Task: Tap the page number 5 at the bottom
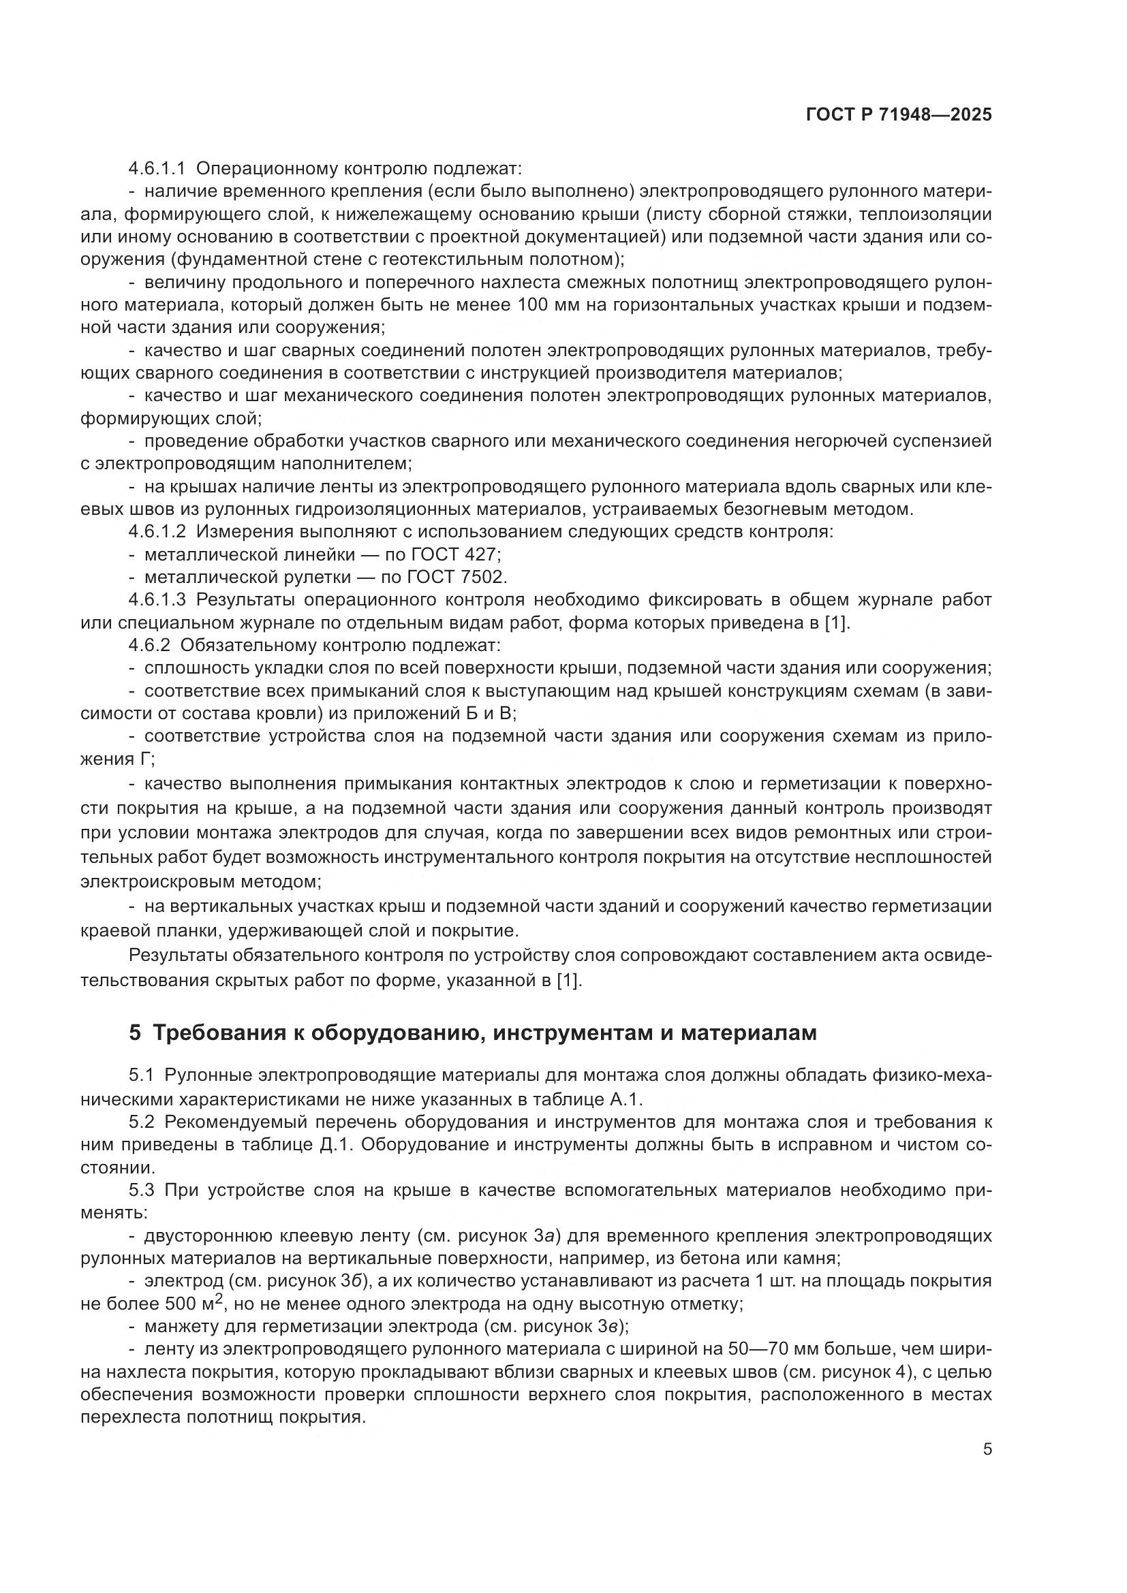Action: tap(987, 1450)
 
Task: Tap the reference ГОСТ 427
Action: tap(454, 554)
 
